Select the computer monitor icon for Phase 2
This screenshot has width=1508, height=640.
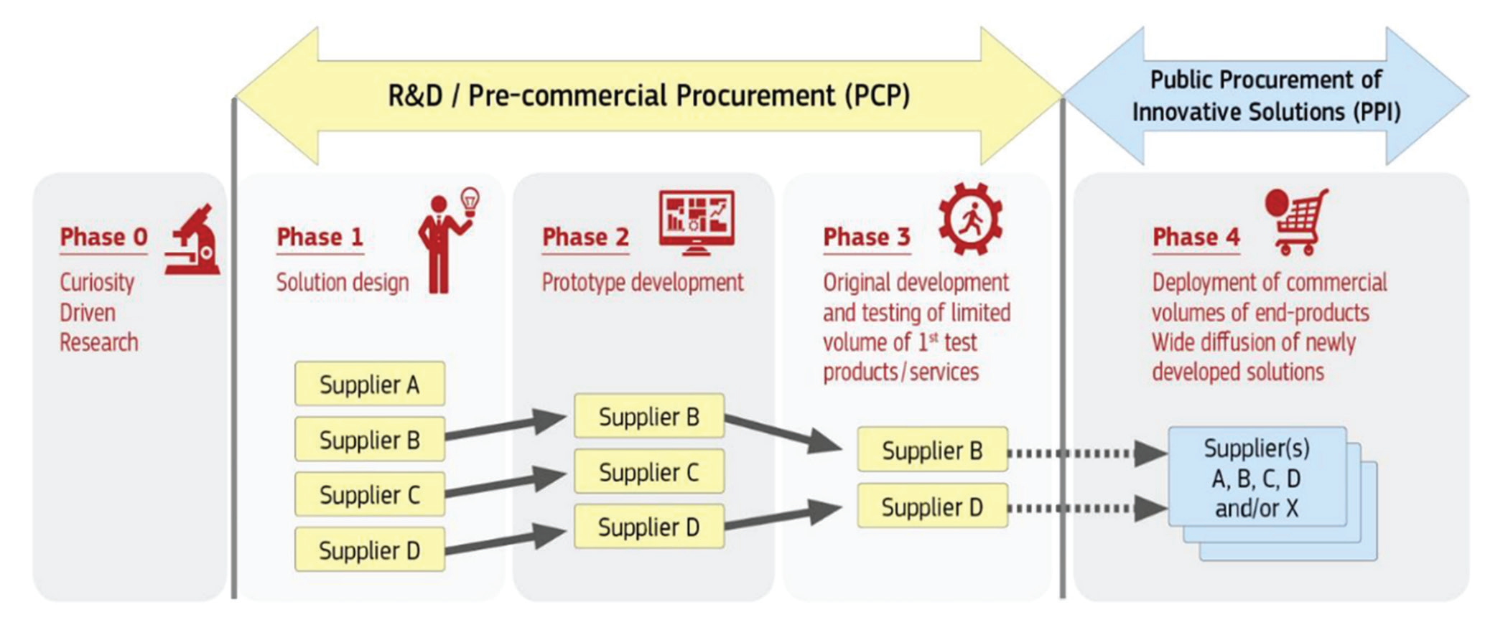tap(697, 222)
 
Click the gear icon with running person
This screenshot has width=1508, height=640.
tap(970, 219)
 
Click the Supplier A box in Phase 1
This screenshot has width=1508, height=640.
tap(369, 385)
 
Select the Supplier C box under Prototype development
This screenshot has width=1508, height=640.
tap(648, 472)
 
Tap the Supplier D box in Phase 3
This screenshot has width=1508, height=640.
tap(932, 507)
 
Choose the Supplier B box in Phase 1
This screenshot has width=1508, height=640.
tap(369, 440)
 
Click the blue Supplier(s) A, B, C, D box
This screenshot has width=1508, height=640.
tap(1257, 478)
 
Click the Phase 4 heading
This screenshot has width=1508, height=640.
tap(1196, 237)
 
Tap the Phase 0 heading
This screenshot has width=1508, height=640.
tap(103, 237)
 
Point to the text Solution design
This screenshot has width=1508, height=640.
tap(343, 283)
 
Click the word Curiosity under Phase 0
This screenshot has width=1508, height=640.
tap(97, 283)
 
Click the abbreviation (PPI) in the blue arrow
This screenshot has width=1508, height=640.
tap(1374, 113)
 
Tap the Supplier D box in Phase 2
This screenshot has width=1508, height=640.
tap(648, 527)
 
